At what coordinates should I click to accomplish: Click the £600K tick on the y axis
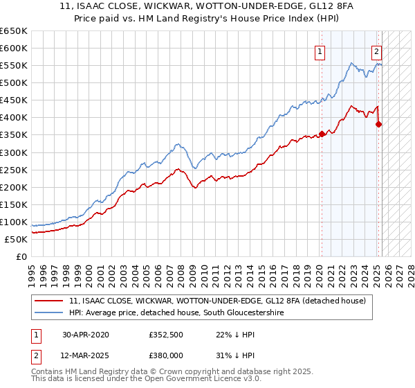pos(14,48)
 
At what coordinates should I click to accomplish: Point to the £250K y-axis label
pos(14,170)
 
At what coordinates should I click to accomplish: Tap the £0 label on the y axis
pos(21,256)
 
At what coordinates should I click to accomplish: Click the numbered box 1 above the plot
pos(321,51)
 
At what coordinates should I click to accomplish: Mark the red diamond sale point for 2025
pos(378,125)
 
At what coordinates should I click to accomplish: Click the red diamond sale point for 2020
pos(322,134)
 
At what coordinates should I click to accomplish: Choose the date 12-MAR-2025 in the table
pos(86,354)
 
